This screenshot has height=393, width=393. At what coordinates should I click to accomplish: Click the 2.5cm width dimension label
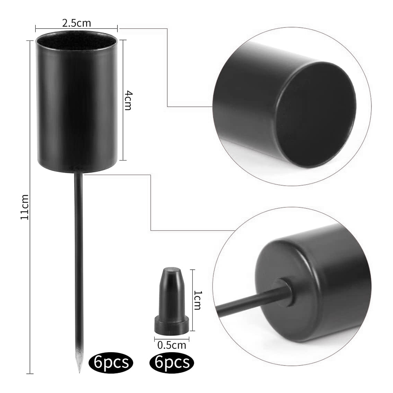point(77,23)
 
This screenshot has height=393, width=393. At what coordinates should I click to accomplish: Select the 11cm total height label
point(25,207)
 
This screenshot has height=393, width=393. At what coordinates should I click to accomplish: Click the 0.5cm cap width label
point(172,345)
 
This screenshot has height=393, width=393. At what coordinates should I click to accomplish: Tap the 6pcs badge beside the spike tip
point(111,362)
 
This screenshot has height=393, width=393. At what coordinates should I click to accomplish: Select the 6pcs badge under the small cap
point(172,362)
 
